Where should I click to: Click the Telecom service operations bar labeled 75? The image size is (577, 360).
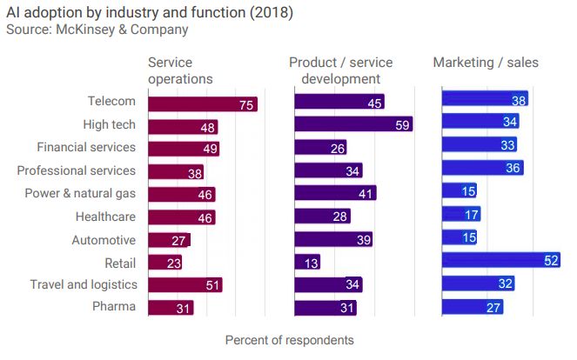202,104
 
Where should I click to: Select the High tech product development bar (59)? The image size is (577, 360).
352,124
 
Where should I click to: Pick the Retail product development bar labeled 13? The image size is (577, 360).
306,261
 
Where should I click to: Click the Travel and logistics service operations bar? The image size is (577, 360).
185,284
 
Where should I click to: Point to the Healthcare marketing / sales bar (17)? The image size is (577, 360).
460,214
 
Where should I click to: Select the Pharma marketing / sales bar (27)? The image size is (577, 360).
472,306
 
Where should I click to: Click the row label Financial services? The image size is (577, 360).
86,147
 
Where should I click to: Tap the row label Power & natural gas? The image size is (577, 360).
80,193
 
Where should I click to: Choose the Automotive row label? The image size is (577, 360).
103,239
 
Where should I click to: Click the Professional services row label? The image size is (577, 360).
77,170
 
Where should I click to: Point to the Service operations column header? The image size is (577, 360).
180,70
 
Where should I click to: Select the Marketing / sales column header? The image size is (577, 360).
486,63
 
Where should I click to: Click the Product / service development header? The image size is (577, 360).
340,70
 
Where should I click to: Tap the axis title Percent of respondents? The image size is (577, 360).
289,339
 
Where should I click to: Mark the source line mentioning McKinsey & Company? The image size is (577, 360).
97,30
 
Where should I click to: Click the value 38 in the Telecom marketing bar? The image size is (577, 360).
519,100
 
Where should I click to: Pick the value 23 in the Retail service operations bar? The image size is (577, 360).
172,263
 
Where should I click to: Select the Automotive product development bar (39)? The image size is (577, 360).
332,239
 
